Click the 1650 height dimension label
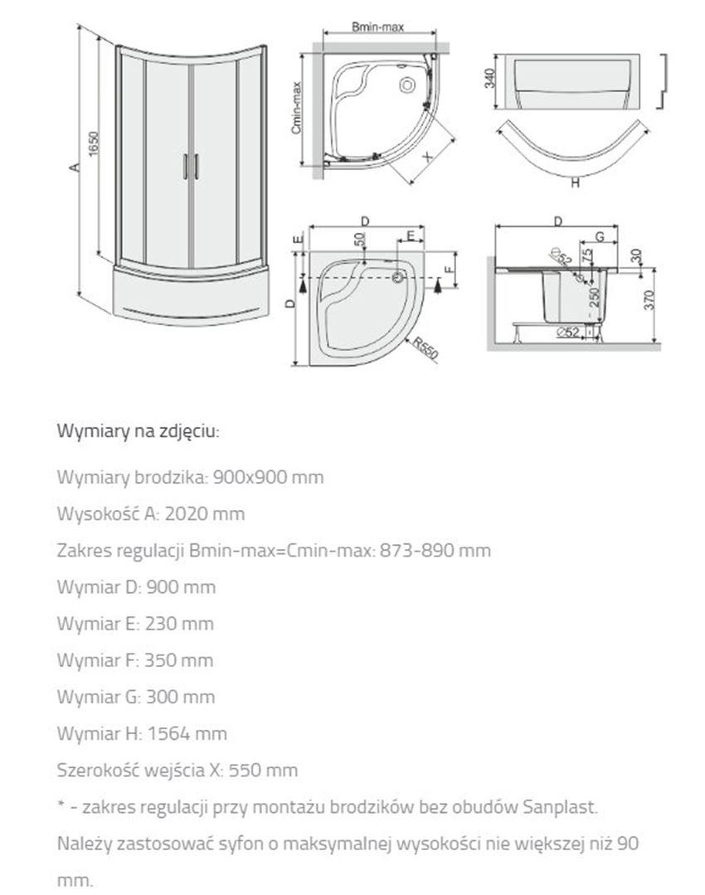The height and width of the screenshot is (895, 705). [x=95, y=147]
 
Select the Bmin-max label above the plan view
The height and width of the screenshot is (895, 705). [x=377, y=27]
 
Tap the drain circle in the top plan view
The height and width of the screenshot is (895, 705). [x=406, y=84]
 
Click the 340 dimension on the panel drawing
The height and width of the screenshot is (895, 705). [x=489, y=80]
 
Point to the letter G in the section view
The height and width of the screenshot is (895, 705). [x=587, y=239]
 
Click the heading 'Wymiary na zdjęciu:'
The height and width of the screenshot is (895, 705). [x=138, y=431]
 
